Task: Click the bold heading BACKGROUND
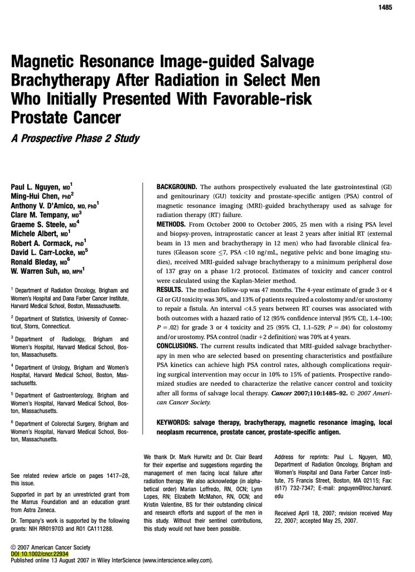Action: [x=176, y=186]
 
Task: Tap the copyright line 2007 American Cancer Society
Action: [x=54, y=547]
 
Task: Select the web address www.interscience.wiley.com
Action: [x=177, y=560]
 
